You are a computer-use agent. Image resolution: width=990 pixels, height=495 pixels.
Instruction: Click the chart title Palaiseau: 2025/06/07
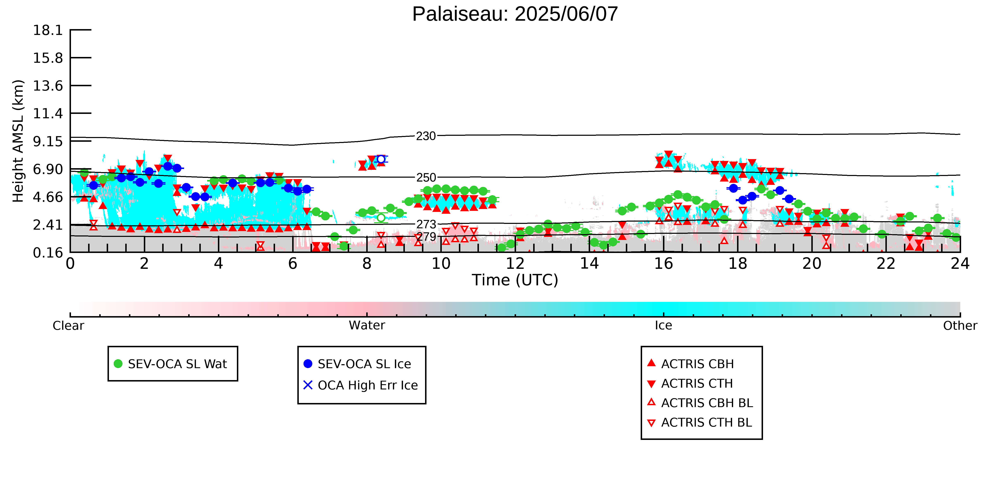pyautogui.click(x=515, y=14)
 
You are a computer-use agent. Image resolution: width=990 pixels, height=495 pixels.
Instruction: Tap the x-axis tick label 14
pyautogui.click(x=589, y=264)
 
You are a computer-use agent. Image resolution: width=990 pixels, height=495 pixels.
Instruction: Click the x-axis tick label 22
pyautogui.click(x=886, y=264)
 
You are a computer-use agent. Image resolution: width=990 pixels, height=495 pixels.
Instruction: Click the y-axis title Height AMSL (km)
pyautogui.click(x=18, y=141)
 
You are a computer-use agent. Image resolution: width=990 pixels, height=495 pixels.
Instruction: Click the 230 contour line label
pyautogui.click(x=426, y=136)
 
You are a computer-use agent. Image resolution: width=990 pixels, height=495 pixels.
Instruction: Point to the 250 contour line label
pyautogui.click(x=426, y=178)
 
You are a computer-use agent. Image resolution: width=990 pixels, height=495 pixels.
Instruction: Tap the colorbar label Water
pyautogui.click(x=367, y=326)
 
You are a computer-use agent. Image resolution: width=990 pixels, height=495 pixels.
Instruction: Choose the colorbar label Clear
pyautogui.click(x=69, y=326)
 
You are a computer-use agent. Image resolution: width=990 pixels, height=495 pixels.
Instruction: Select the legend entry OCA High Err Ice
pyautogui.click(x=368, y=385)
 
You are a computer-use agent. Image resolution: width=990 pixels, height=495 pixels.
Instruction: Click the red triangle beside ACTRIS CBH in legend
pyautogui.click(x=651, y=363)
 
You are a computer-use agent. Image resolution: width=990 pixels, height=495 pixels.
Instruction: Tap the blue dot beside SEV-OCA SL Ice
pyautogui.click(x=308, y=364)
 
